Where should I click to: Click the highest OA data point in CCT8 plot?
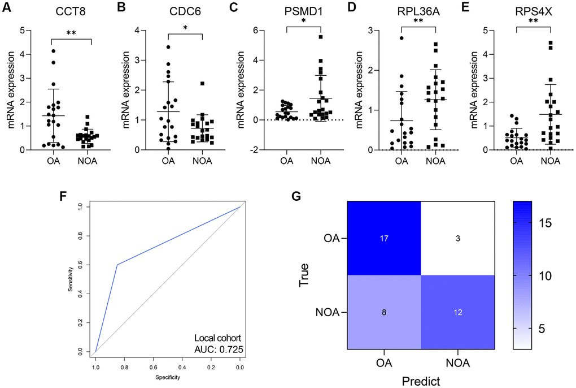[53, 51]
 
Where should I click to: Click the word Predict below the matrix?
[420, 381]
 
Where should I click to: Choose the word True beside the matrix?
[306, 275]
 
